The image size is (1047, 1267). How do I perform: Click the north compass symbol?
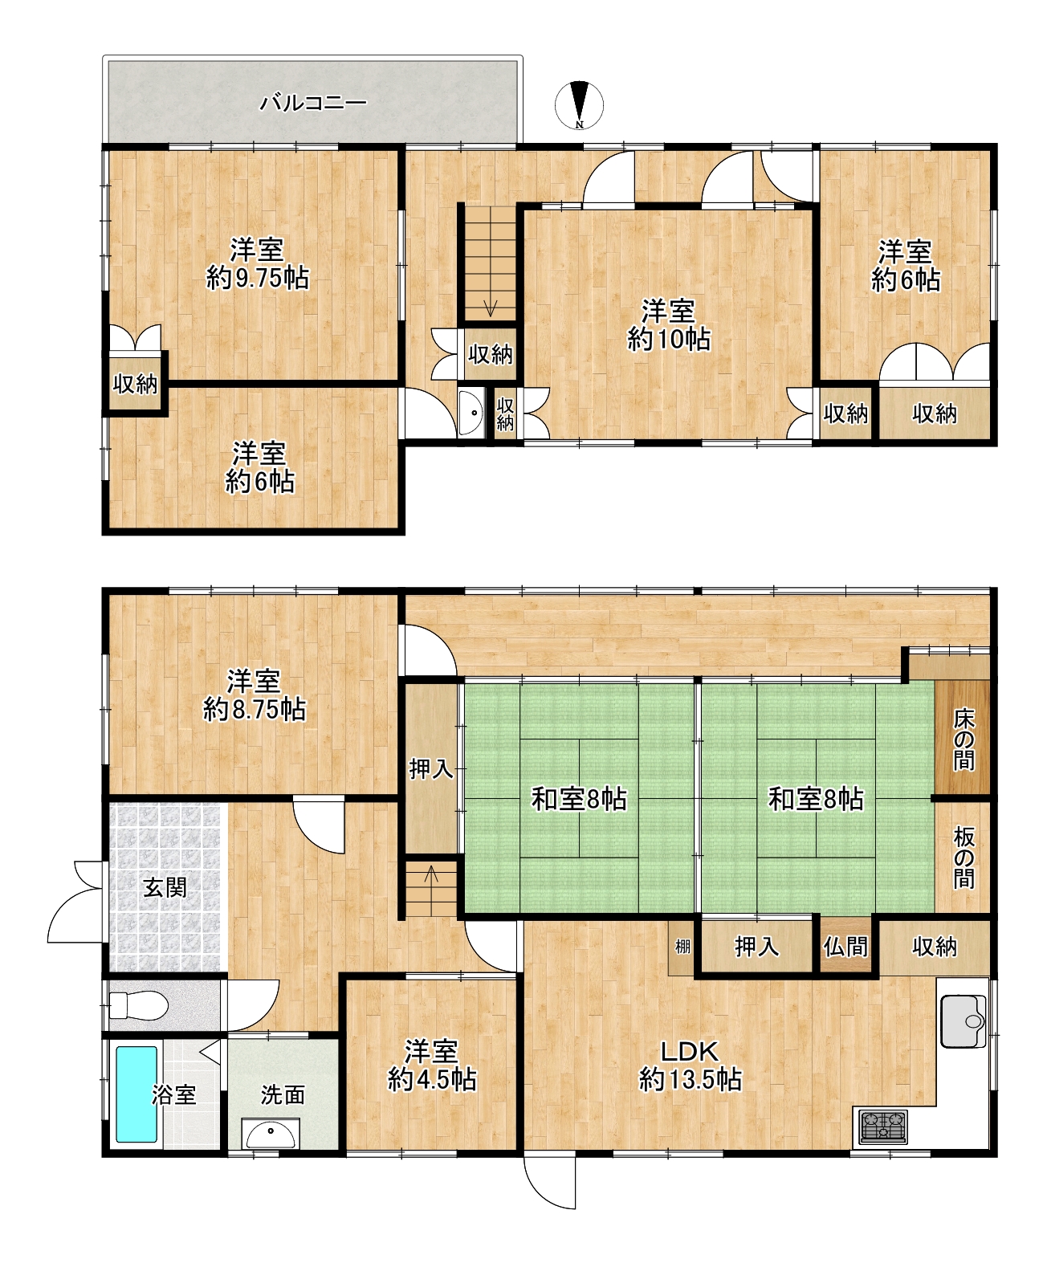(x=579, y=105)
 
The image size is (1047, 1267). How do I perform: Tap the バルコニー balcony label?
(x=314, y=103)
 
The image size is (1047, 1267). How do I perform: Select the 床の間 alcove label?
(x=963, y=741)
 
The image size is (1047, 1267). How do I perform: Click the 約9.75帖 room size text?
(x=258, y=279)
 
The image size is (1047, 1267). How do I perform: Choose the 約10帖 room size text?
(x=668, y=339)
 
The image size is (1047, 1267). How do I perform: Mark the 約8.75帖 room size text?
(x=255, y=709)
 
